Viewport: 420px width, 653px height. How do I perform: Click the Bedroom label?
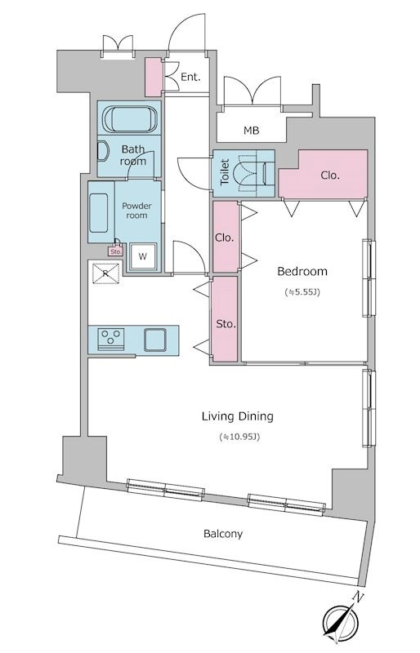(x=302, y=272)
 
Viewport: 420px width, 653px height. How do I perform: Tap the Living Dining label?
(x=237, y=416)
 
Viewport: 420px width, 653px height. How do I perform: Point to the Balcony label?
(x=223, y=534)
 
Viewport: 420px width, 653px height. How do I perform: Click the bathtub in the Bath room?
(x=130, y=118)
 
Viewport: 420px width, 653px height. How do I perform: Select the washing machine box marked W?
(x=143, y=256)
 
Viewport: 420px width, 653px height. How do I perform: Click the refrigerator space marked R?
(x=106, y=273)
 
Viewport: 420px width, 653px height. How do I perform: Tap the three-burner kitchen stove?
(x=111, y=337)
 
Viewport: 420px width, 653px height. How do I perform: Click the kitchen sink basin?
(x=155, y=340)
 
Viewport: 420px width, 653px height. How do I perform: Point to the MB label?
(x=252, y=131)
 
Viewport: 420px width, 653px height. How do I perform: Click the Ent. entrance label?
(x=190, y=77)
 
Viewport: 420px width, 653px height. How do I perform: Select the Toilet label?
(x=225, y=172)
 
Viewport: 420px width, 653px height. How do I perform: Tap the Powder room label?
(x=136, y=211)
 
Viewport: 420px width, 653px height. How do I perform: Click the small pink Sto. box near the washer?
(x=115, y=251)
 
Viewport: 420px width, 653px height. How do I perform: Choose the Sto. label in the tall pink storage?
(x=226, y=324)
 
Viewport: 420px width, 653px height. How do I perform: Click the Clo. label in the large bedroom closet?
(x=330, y=175)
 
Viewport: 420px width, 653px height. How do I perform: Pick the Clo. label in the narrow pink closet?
(x=225, y=238)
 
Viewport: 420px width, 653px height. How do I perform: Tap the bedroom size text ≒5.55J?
(x=302, y=292)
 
